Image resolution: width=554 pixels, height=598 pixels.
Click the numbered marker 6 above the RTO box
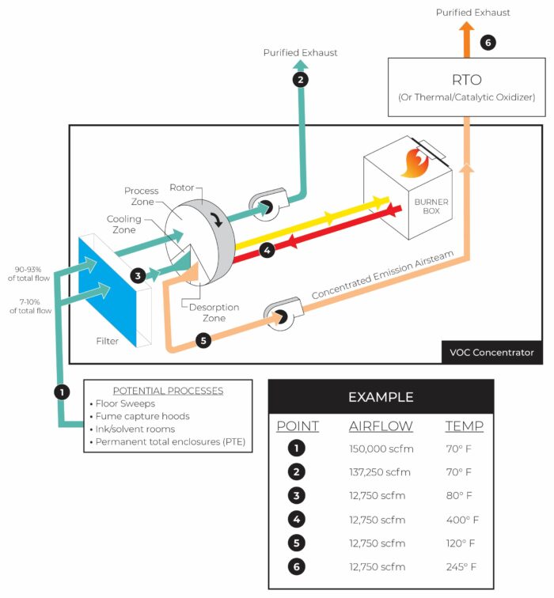pyautogui.click(x=488, y=43)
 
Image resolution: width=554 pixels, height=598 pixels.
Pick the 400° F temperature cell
pyautogui.click(x=462, y=520)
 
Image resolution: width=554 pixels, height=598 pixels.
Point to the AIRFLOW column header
pyautogui.click(x=381, y=426)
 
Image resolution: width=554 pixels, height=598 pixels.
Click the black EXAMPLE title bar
pyautogui.click(x=381, y=396)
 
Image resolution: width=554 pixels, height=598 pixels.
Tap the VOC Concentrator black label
pyautogui.click(x=491, y=353)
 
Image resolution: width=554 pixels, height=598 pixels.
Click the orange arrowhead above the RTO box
pyautogui.click(x=467, y=30)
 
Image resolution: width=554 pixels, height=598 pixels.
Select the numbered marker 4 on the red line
pyautogui.click(x=267, y=249)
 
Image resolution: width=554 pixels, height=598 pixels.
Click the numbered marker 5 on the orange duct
pyautogui.click(x=203, y=341)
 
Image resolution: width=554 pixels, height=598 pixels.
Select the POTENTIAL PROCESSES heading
pyautogui.click(x=168, y=391)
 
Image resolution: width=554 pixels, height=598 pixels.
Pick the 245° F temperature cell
pyautogui.click(x=462, y=567)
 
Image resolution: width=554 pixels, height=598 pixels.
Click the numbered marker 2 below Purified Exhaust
pyautogui.click(x=300, y=79)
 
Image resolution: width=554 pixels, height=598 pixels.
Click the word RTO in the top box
pyautogui.click(x=468, y=79)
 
